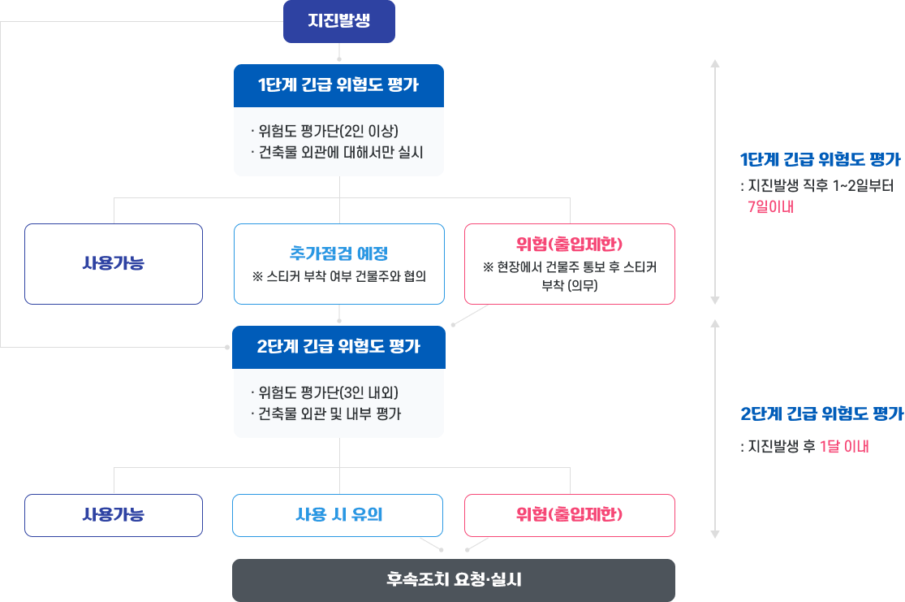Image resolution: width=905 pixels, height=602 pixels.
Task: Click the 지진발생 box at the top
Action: (338, 21)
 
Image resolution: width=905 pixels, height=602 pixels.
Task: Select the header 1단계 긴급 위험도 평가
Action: (338, 85)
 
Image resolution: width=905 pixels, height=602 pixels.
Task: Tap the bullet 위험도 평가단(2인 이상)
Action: (325, 131)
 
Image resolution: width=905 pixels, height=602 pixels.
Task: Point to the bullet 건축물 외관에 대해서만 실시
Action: (338, 152)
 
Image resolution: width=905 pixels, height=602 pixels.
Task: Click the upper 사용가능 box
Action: (114, 264)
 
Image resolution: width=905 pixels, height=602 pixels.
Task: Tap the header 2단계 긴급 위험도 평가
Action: (338, 347)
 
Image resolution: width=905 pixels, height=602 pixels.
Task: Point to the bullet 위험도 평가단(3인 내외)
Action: (325, 392)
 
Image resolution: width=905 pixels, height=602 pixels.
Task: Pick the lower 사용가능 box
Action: (114, 515)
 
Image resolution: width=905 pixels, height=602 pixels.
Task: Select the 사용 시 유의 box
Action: (338, 515)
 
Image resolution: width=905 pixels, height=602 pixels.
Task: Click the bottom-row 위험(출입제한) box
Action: (569, 515)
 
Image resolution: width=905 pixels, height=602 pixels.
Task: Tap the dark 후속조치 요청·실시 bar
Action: (454, 580)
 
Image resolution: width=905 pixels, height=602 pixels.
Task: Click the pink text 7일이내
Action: (770, 206)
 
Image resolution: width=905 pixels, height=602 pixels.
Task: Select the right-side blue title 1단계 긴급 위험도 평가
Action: (820, 158)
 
